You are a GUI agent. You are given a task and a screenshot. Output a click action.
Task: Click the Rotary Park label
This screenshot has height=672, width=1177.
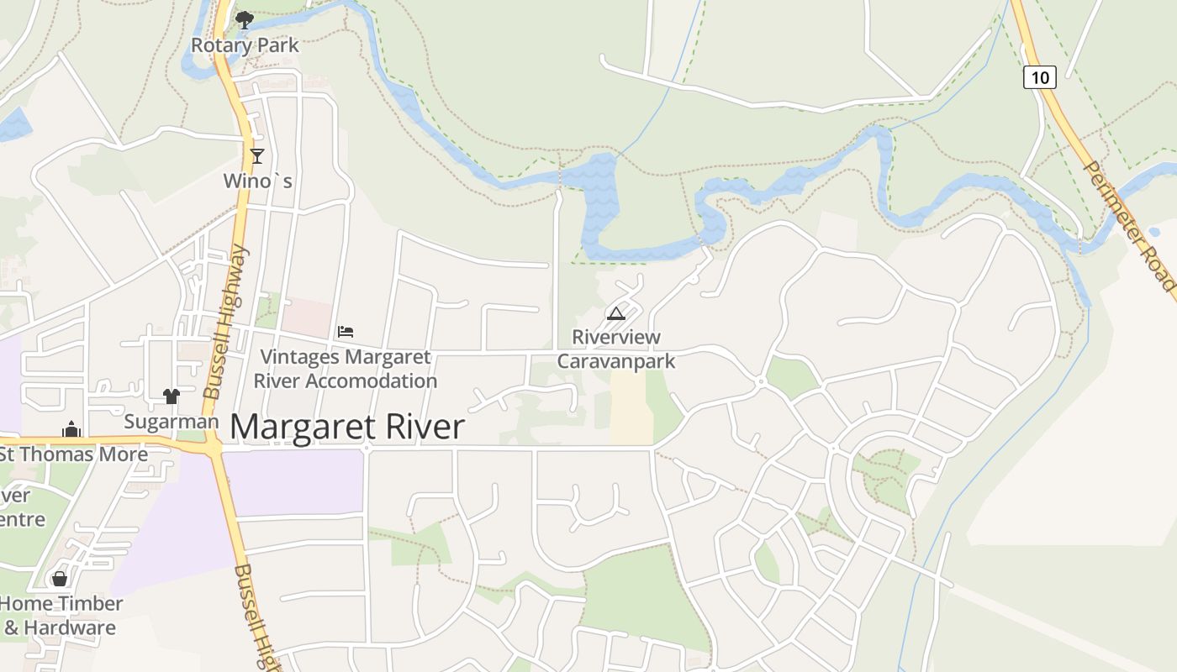[x=245, y=45]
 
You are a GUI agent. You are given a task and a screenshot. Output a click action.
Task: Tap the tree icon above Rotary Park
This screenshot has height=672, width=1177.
[x=245, y=19]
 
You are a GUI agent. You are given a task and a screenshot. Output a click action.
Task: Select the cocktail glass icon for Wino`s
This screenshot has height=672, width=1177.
[x=257, y=155]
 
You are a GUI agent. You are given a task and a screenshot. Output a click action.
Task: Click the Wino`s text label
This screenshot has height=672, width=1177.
[x=257, y=181]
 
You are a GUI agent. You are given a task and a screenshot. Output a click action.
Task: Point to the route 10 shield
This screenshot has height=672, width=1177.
[x=1040, y=78]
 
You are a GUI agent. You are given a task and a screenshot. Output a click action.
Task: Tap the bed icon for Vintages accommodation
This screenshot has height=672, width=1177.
[x=346, y=332]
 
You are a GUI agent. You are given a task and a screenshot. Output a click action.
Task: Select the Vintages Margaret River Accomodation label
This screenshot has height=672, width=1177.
[x=345, y=369]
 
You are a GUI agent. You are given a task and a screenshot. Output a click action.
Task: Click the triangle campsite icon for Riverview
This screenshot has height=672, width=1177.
[x=616, y=314]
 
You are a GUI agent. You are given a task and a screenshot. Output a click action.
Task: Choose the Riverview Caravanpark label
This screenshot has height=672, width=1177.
[x=616, y=349]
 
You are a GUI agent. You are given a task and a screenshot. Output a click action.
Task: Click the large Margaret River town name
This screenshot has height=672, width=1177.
[x=346, y=427]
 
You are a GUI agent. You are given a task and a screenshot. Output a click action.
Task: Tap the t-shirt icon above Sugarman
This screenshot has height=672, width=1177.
[x=172, y=396]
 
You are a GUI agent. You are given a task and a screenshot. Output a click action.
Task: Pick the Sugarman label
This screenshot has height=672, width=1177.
[x=172, y=422]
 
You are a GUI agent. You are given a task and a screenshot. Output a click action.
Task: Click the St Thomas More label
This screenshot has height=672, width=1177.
[x=73, y=454]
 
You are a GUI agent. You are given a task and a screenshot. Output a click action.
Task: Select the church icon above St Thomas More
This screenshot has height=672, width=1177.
[x=71, y=429]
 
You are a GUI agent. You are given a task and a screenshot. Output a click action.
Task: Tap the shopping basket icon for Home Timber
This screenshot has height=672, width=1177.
[x=60, y=579]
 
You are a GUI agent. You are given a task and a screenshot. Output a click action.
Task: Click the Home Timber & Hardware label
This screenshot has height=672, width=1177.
[x=61, y=616]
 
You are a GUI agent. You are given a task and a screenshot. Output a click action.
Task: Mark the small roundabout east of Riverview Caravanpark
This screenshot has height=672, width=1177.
[x=761, y=382]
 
